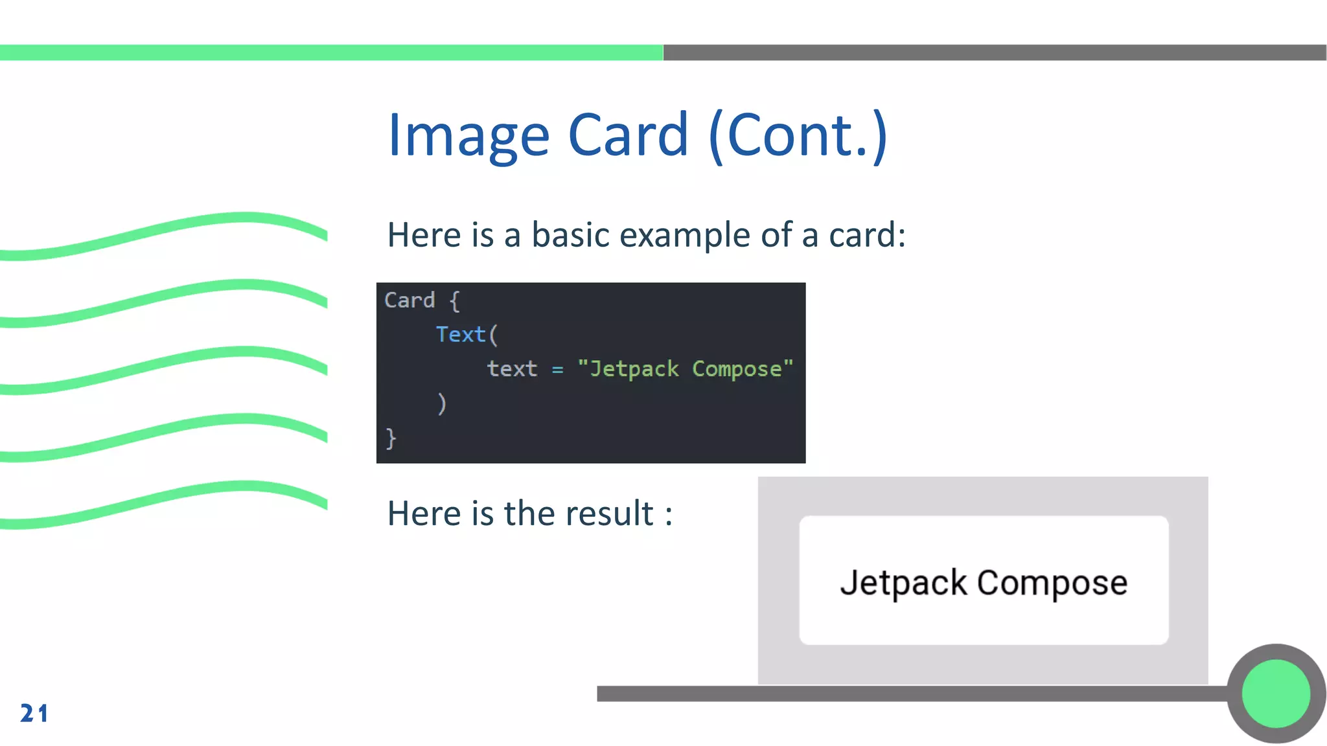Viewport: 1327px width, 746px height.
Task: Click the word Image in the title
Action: click(x=468, y=136)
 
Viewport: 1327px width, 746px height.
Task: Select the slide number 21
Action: click(x=34, y=713)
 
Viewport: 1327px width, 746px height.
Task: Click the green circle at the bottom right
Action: click(x=1276, y=694)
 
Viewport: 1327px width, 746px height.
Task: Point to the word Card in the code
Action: click(x=410, y=300)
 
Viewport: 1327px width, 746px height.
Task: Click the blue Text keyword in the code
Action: click(x=460, y=335)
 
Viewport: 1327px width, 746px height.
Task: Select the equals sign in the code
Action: click(x=557, y=370)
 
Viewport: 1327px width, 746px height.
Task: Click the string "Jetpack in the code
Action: click(x=628, y=369)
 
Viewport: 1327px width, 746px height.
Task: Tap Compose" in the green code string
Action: click(x=743, y=369)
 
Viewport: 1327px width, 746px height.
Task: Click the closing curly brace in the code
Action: click(x=391, y=438)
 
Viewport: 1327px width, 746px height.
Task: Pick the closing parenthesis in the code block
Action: click(x=442, y=403)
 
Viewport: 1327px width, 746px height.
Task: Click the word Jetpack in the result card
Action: click(x=903, y=583)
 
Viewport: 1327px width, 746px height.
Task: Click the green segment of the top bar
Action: click(x=330, y=52)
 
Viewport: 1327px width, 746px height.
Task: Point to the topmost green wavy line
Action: click(x=162, y=229)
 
